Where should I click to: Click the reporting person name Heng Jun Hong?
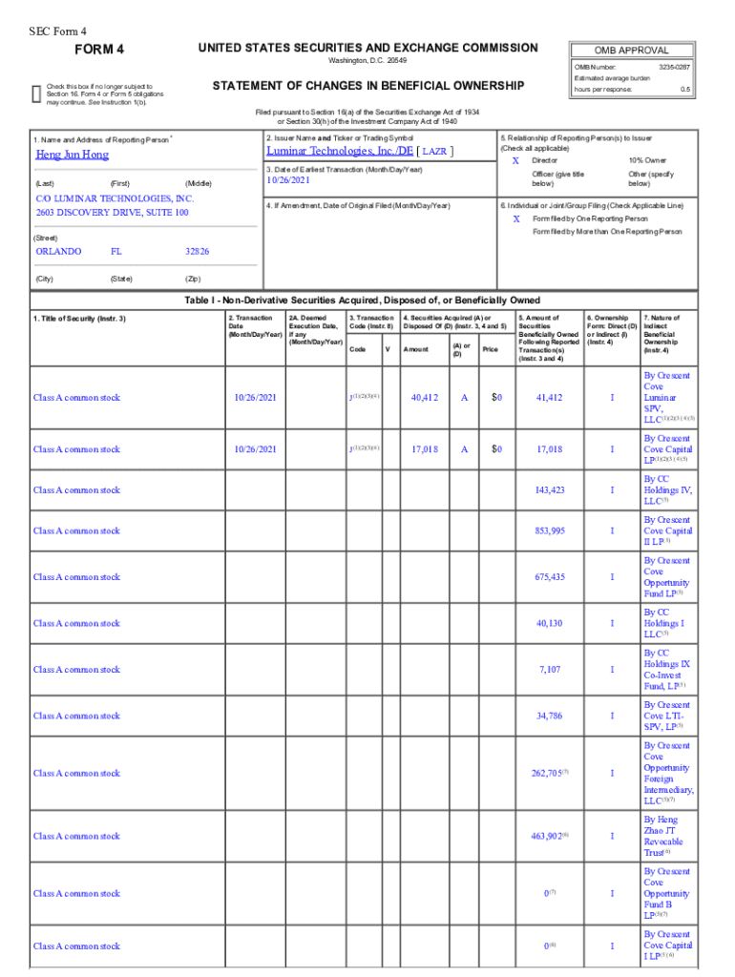[73, 155]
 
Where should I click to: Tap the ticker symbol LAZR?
[435, 152]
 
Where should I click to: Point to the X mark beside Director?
[515, 161]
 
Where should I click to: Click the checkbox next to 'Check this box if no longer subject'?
[36, 90]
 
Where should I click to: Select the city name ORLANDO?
[58, 252]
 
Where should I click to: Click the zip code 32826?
[198, 252]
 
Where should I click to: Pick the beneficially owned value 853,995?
[550, 530]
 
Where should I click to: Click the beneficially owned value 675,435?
[550, 576]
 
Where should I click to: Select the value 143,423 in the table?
[550, 489]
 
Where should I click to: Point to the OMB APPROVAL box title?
[631, 51]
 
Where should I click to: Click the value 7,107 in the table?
[550, 669]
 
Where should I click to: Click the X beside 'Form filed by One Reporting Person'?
[515, 218]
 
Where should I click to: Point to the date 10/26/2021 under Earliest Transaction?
[289, 179]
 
